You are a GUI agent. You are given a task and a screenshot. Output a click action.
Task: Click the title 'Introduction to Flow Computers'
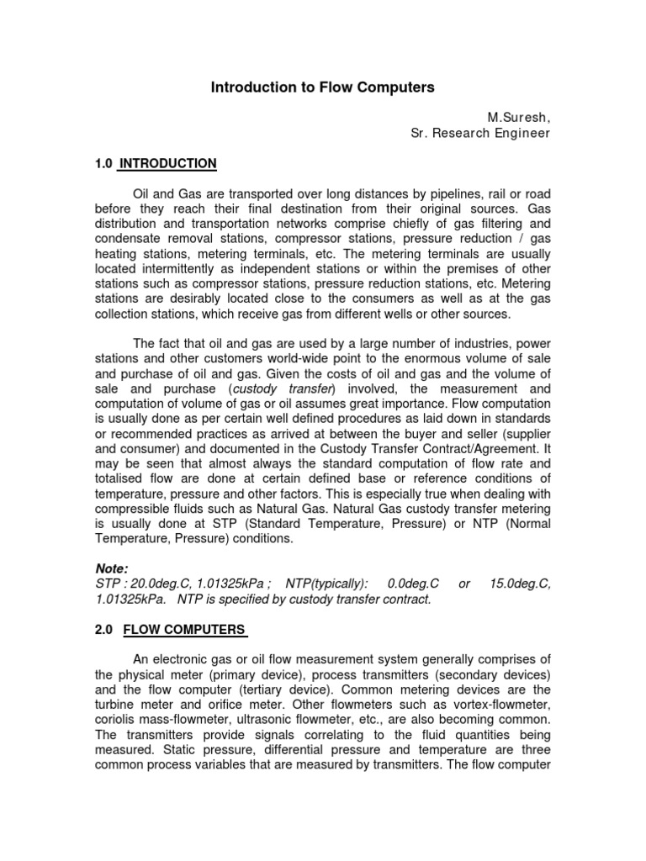(322, 87)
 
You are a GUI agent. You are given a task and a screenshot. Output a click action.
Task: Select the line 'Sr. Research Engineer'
(480, 133)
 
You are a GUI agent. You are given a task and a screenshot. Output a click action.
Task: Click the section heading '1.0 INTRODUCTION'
(156, 163)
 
